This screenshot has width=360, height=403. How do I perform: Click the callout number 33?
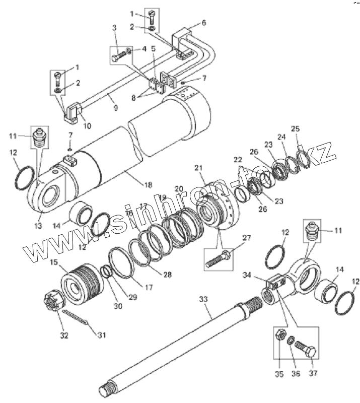click(x=203, y=299)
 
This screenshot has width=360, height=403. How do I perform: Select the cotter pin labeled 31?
click(x=77, y=320)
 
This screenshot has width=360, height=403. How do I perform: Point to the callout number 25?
click(x=295, y=128)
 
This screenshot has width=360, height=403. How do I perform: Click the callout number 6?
click(x=204, y=23)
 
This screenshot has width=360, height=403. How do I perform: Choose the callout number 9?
click(x=115, y=108)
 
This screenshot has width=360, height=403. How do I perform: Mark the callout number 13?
click(x=38, y=226)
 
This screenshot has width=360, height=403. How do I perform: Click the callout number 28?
click(x=167, y=275)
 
